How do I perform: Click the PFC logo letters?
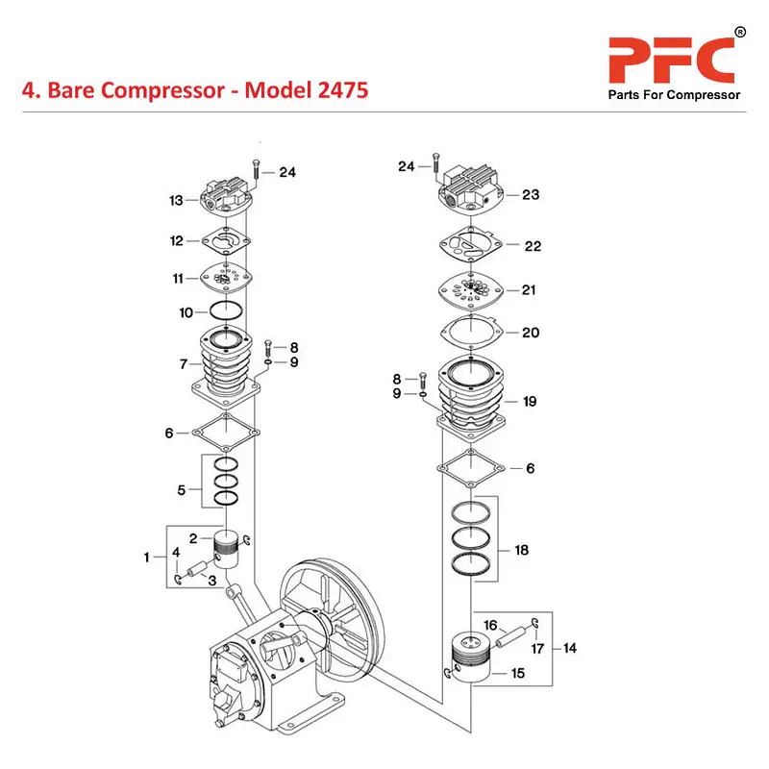coord(671,59)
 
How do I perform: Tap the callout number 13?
coord(176,201)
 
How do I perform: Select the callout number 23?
coord(531,195)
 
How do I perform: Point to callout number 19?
coord(531,402)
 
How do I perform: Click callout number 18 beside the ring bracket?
coord(522,551)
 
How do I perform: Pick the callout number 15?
coord(518,674)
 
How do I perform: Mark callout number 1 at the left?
coord(147,557)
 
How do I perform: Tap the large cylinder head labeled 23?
coord(475,191)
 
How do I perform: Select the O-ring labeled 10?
coord(226,311)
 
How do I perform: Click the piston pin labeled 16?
coord(515,635)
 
